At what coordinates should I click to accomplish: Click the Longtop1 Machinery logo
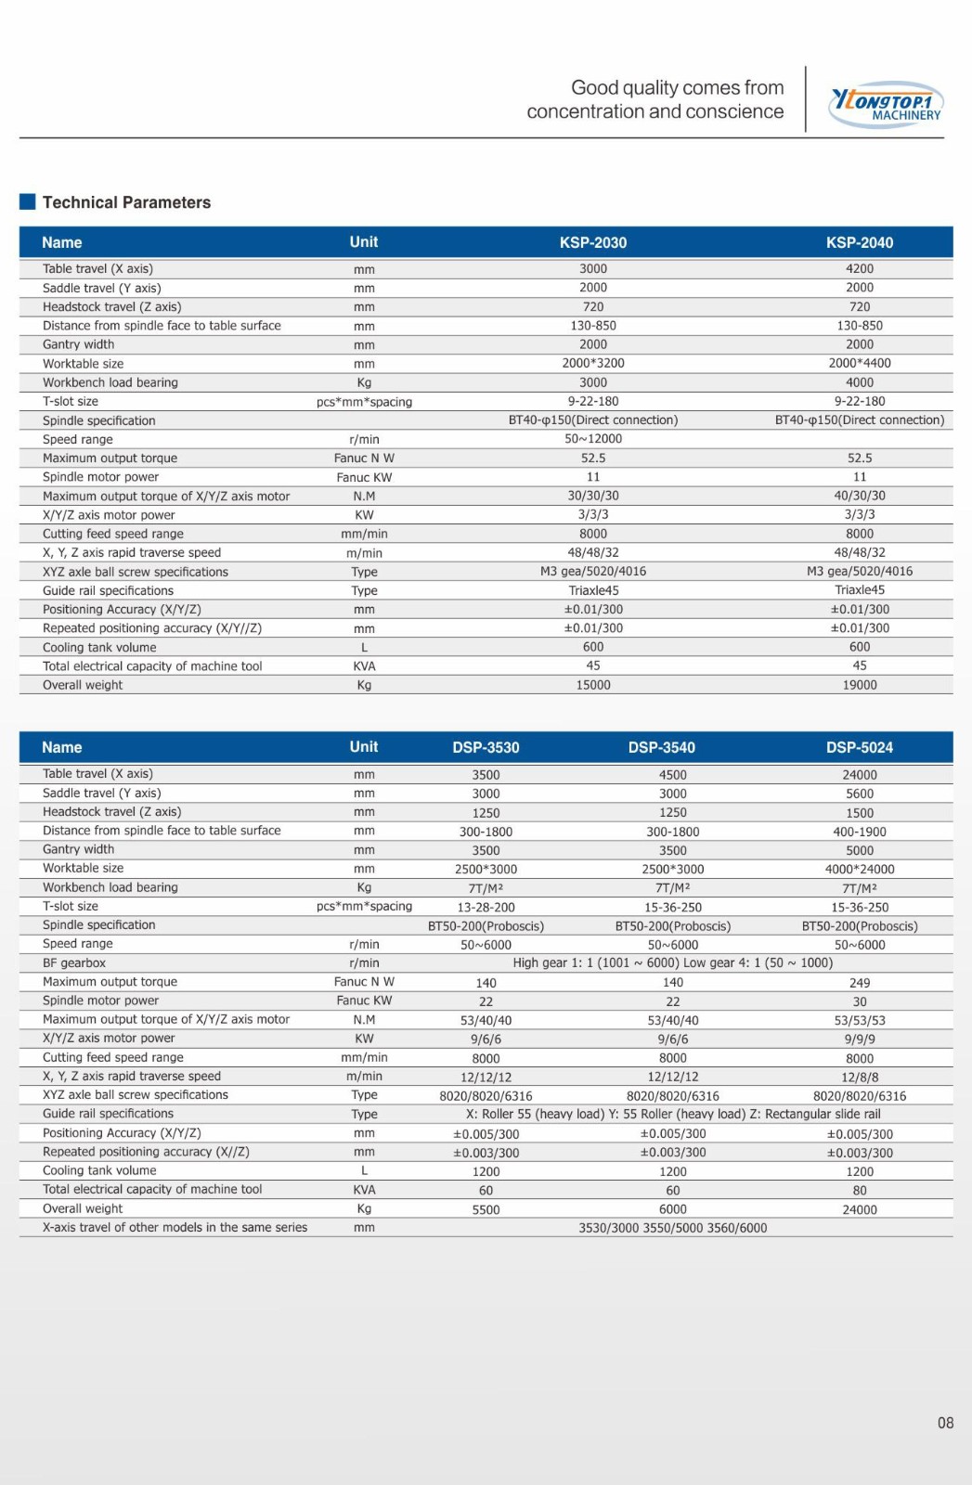pyautogui.click(x=886, y=104)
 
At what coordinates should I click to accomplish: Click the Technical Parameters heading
pyautogui.click(x=126, y=202)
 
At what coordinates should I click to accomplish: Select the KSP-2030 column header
pyautogui.click(x=592, y=242)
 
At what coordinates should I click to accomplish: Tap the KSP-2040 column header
pyautogui.click(x=859, y=242)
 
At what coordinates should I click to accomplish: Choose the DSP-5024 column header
pyautogui.click(x=859, y=747)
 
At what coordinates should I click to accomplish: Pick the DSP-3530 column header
pyautogui.click(x=486, y=747)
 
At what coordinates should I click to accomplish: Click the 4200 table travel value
pyautogui.click(x=859, y=269)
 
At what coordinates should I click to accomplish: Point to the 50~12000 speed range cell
pyautogui.click(x=592, y=439)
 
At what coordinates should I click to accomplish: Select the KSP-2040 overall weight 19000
pyautogui.click(x=859, y=685)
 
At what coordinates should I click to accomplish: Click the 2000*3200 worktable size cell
pyautogui.click(x=592, y=364)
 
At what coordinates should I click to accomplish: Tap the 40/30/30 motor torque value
pyautogui.click(x=859, y=496)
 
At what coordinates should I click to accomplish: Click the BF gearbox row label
pyautogui.click(x=74, y=963)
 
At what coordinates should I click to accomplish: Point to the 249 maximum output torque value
pyautogui.click(x=859, y=983)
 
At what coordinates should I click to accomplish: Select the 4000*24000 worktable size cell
pyautogui.click(x=859, y=870)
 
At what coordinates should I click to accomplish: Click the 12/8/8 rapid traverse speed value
pyautogui.click(x=859, y=1078)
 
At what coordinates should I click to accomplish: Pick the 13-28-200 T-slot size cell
pyautogui.click(x=486, y=908)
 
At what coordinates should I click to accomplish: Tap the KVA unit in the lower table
pyautogui.click(x=364, y=1190)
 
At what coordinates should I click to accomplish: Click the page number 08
pyautogui.click(x=945, y=1423)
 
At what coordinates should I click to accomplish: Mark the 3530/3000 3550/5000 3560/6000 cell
pyautogui.click(x=672, y=1228)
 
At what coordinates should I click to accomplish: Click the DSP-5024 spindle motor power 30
pyautogui.click(x=859, y=1002)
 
